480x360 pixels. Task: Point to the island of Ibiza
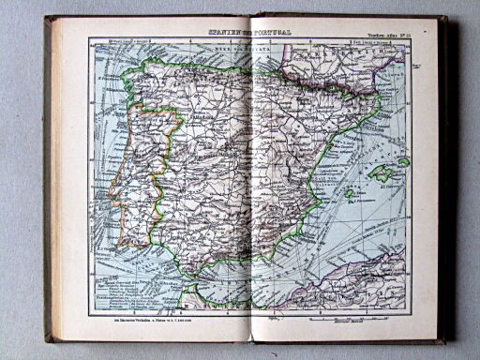coord(349,193)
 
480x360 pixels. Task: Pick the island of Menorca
coord(404,161)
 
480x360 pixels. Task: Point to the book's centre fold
coord(251,178)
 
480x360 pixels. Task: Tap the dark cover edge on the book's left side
coord(47,178)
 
